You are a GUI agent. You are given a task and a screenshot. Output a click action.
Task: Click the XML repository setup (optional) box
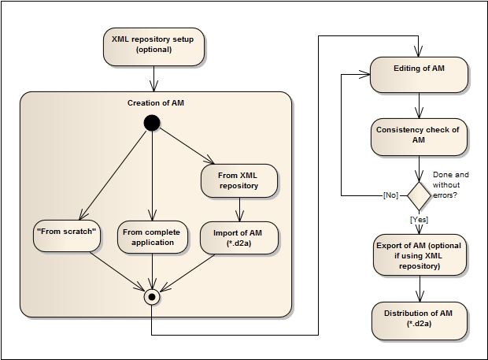pos(153,47)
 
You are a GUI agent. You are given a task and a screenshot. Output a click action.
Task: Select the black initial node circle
pos(151,122)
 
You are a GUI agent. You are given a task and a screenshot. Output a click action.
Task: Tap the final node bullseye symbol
pos(151,298)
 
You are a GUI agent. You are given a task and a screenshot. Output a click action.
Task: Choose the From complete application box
pos(151,238)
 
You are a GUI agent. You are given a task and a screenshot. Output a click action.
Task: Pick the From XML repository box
pos(239,180)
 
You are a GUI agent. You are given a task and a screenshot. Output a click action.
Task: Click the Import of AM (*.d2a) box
pos(239,238)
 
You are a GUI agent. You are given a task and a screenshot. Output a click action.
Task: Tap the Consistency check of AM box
pos(420,135)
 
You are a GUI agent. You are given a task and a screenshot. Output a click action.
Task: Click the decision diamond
pos(420,194)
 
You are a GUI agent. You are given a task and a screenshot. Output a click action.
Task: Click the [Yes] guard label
pos(420,220)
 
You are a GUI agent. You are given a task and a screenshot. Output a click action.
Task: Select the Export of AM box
pos(420,254)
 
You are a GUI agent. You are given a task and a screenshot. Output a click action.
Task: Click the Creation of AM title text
pos(156,103)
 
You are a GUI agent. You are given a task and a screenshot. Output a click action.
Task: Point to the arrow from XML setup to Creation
pos(153,78)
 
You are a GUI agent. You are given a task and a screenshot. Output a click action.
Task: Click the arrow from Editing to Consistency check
pos(420,106)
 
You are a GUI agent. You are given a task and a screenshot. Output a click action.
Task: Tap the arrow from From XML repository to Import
pos(239,210)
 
